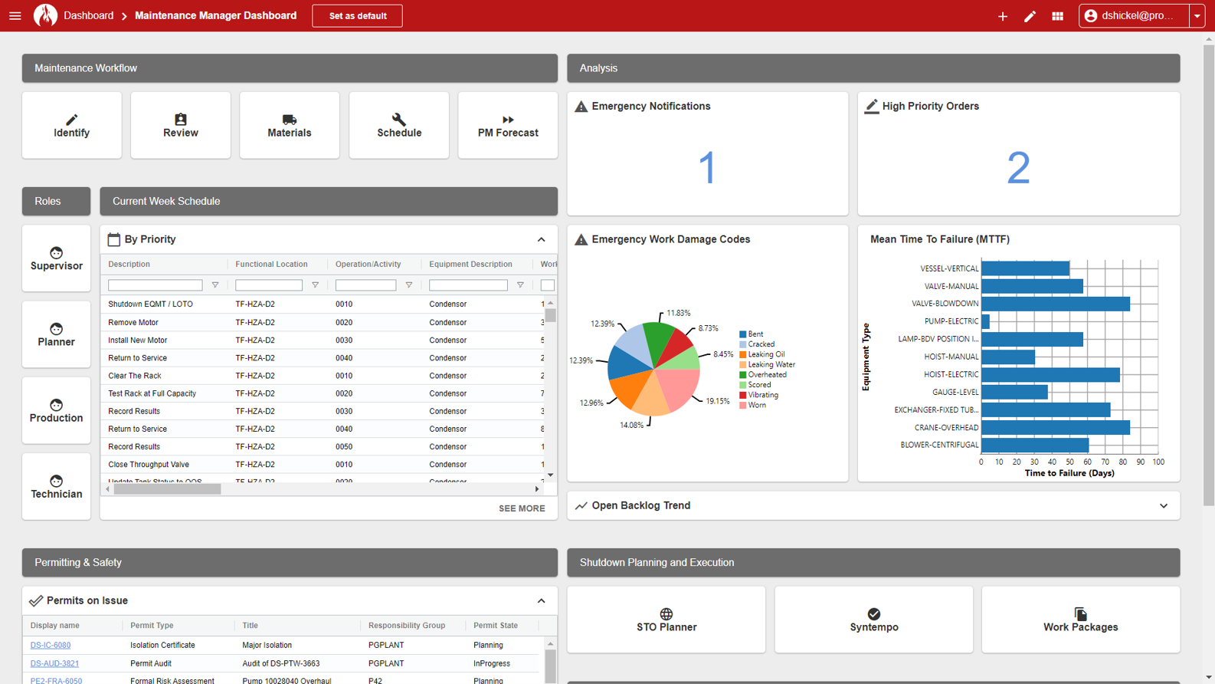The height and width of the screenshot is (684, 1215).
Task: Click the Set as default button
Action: (357, 16)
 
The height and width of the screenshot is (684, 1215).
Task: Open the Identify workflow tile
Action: (71, 126)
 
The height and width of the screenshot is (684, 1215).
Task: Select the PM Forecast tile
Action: (508, 126)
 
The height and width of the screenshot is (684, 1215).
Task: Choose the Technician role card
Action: (57, 487)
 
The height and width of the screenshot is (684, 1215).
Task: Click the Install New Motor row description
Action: (138, 340)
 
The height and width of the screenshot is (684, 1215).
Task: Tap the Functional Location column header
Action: (271, 265)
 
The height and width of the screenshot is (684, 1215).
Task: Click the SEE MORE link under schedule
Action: (522, 508)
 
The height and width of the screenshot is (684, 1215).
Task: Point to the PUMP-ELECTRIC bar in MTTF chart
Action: (985, 321)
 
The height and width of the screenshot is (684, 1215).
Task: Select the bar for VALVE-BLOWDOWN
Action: (1055, 304)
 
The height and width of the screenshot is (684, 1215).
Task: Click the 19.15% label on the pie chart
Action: (718, 401)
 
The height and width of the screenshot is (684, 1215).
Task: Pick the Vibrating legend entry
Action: (762, 395)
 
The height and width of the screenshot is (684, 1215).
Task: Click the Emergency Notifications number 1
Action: (707, 168)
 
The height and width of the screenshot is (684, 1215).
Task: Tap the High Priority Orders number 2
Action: (1018, 168)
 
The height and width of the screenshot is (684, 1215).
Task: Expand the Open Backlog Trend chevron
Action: (1164, 506)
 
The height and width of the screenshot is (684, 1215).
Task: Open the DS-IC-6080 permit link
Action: (51, 646)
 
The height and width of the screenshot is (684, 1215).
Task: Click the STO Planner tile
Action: (666, 620)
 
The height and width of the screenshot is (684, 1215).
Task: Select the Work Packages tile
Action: (1080, 620)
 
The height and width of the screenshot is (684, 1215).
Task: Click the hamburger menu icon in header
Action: (15, 16)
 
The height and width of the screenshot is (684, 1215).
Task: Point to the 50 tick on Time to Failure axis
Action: (1069, 462)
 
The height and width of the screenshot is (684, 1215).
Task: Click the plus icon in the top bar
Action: (1003, 16)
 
